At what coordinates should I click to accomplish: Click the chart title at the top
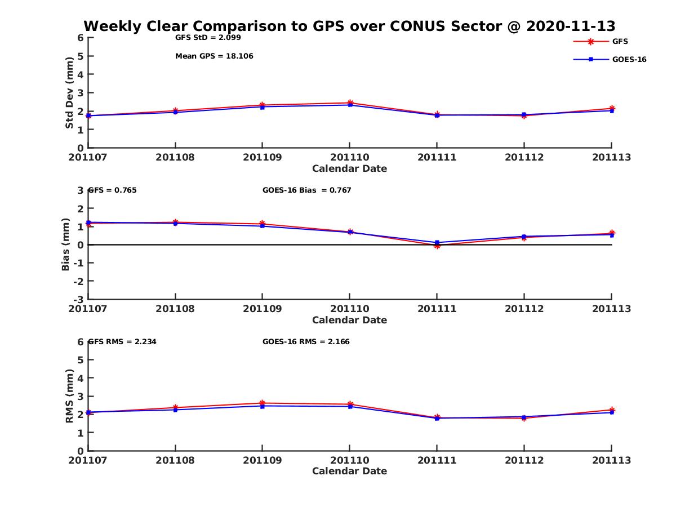[349, 26]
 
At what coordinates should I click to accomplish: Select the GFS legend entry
[620, 41]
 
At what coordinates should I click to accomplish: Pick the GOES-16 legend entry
[629, 59]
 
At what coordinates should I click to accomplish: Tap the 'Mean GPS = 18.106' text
[214, 56]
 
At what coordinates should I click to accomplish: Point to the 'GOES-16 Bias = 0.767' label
[306, 190]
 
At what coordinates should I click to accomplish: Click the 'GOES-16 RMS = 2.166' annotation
[306, 341]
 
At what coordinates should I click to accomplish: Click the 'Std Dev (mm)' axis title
[69, 92]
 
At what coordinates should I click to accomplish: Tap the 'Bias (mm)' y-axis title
[66, 244]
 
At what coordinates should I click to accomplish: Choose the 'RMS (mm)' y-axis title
[69, 396]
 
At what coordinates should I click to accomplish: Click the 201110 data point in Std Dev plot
[350, 104]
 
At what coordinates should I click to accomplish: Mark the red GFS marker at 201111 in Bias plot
[437, 246]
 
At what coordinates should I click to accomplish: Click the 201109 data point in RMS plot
[263, 404]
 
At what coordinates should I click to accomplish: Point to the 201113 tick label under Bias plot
[611, 309]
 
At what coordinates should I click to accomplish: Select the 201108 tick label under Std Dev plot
[175, 157]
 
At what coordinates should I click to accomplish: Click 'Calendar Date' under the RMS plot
[349, 471]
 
